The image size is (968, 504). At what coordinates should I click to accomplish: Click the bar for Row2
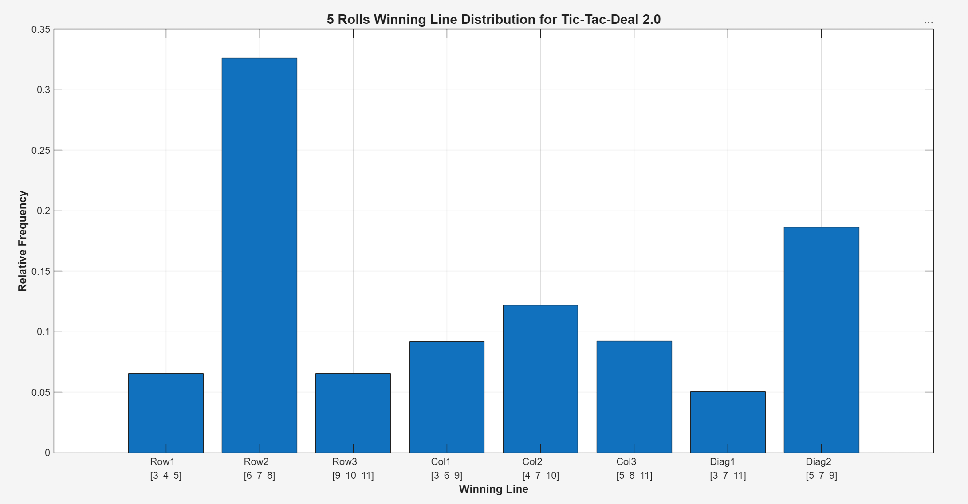coord(260,255)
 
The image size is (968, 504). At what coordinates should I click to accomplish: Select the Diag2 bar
coord(821,340)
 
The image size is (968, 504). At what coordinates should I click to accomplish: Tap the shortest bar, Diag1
coord(728,422)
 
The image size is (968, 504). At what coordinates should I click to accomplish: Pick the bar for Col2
coord(540,379)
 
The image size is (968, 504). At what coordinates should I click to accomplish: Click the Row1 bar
coord(166,413)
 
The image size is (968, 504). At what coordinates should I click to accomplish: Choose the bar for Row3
coord(353,413)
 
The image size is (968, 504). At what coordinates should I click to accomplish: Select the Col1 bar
coord(447,397)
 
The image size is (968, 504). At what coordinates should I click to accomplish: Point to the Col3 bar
coord(634,397)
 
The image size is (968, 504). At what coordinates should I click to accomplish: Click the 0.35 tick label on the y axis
coord(41,30)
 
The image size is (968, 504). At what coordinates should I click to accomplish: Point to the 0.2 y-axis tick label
coord(43,211)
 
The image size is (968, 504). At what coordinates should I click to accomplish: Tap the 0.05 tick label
coord(41,392)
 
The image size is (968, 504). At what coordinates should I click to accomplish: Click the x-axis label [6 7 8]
coord(260,476)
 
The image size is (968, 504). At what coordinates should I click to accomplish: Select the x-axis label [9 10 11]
coord(353,476)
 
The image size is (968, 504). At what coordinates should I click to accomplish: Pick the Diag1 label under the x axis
coord(722,461)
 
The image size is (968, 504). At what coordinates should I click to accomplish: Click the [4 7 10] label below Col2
coord(540,476)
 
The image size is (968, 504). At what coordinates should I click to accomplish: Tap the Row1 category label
coord(162,461)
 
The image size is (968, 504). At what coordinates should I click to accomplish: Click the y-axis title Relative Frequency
coord(23,241)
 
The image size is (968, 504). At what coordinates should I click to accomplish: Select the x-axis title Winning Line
coord(493,489)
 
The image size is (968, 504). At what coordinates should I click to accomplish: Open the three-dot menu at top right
coord(929,23)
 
